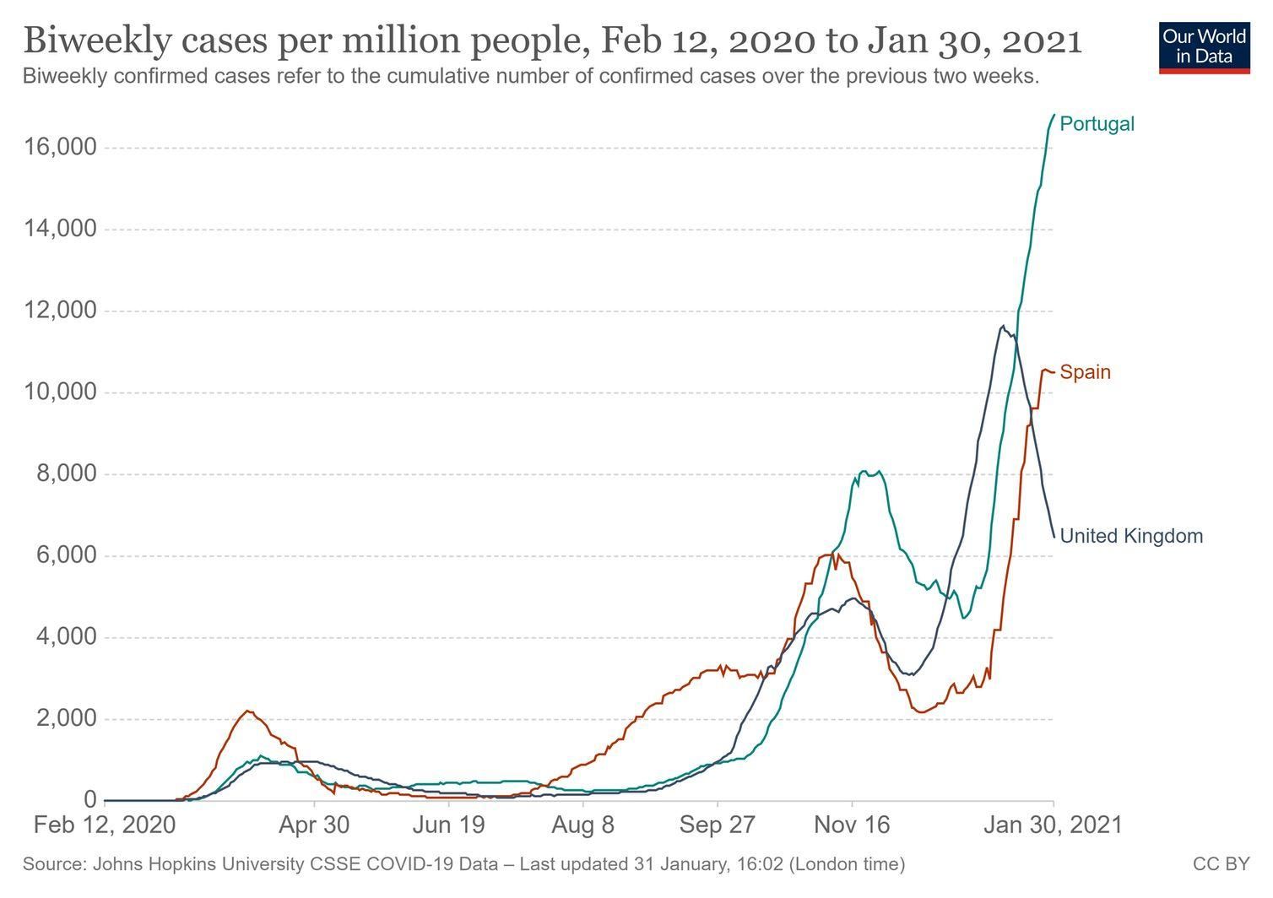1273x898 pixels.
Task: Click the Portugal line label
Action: (x=1097, y=124)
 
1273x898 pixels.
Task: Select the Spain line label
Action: (x=1085, y=372)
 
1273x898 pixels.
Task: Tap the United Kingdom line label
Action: (x=1130, y=536)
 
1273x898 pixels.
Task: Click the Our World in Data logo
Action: (x=1204, y=47)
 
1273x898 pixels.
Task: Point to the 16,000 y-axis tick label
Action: (x=61, y=148)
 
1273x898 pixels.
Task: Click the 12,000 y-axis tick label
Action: (x=61, y=311)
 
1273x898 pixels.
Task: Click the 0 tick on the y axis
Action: (x=90, y=800)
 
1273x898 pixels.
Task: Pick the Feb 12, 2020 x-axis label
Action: (x=105, y=825)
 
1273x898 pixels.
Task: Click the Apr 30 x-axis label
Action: (x=314, y=825)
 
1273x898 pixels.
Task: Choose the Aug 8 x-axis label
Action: (x=582, y=825)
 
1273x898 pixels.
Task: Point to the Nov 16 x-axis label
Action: (x=852, y=825)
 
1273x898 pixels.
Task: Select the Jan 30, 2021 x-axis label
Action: (x=1053, y=825)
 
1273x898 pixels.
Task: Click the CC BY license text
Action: (x=1221, y=864)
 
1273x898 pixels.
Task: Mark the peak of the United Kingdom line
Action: (x=1002, y=326)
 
